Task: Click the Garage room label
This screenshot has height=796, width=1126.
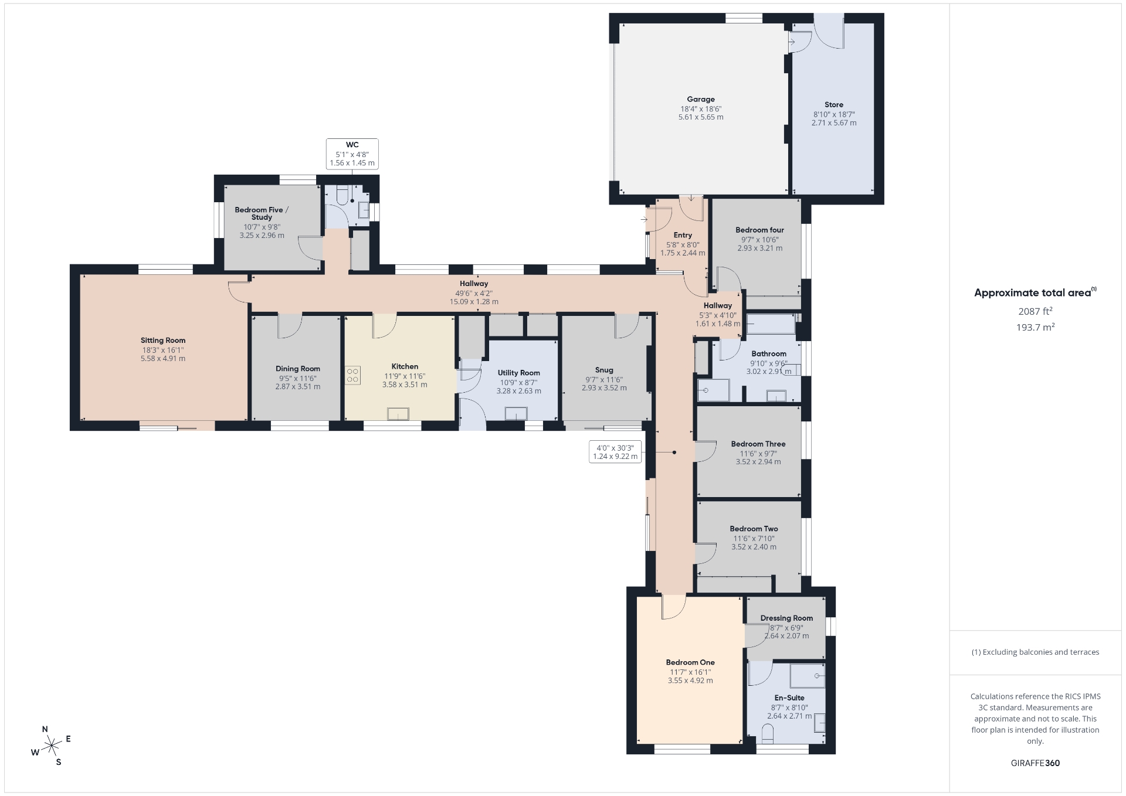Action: pyautogui.click(x=701, y=100)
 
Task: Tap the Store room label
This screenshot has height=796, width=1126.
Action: pyautogui.click(x=834, y=105)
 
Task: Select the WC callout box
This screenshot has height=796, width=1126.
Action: pyautogui.click(x=352, y=154)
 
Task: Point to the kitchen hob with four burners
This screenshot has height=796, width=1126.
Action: pyautogui.click(x=352, y=375)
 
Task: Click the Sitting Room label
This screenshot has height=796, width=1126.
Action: pyautogui.click(x=163, y=341)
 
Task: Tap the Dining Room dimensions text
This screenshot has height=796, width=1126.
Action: pyautogui.click(x=298, y=383)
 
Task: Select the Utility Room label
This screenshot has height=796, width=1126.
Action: pyautogui.click(x=519, y=373)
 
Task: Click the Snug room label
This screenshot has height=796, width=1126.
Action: pyautogui.click(x=604, y=370)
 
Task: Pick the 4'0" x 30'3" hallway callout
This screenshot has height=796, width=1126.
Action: pyautogui.click(x=615, y=452)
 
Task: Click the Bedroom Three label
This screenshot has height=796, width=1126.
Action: pyautogui.click(x=758, y=444)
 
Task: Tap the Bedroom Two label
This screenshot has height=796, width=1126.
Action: pyautogui.click(x=754, y=529)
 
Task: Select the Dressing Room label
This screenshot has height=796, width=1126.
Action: pyautogui.click(x=786, y=618)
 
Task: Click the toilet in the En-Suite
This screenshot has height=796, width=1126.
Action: pyautogui.click(x=767, y=732)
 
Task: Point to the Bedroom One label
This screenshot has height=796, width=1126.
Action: pyautogui.click(x=690, y=663)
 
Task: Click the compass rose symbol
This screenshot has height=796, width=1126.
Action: pyautogui.click(x=52, y=746)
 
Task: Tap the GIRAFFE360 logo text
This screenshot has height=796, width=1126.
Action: pyautogui.click(x=1035, y=763)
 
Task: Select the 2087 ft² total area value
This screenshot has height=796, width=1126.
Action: pyautogui.click(x=1035, y=311)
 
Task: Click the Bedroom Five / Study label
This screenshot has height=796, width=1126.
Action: pyautogui.click(x=262, y=213)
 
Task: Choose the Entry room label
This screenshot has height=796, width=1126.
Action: pyautogui.click(x=683, y=236)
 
